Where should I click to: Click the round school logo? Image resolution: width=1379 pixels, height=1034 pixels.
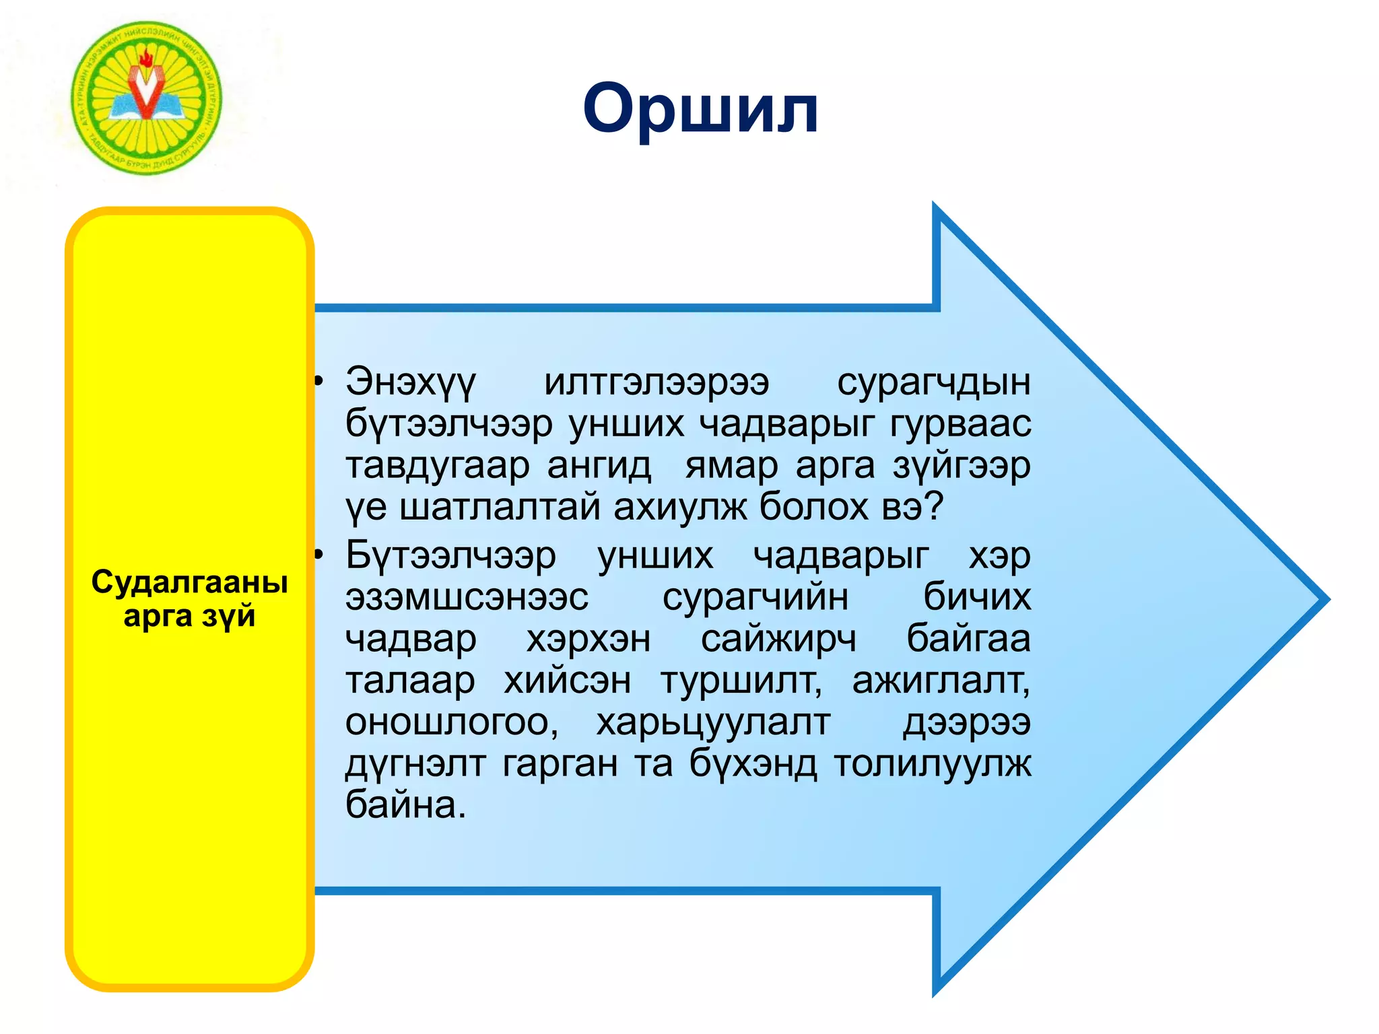click(147, 98)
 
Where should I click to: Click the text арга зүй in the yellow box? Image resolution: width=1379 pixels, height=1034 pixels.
click(189, 616)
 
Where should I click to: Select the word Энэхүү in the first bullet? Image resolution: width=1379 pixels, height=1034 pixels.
click(411, 382)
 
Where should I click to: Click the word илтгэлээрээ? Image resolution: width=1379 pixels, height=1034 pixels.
click(656, 382)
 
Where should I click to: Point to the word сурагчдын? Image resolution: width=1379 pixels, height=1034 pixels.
click(933, 382)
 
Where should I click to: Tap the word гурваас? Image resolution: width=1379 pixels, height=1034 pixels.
click(960, 424)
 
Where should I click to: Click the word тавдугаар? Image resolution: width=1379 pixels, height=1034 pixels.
click(438, 466)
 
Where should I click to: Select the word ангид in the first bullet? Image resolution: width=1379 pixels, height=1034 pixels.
click(599, 466)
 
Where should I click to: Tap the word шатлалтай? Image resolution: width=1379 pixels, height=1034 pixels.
click(499, 506)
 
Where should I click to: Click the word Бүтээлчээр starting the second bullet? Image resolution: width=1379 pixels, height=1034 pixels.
click(451, 556)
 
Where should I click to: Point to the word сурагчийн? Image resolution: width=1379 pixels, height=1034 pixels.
click(755, 598)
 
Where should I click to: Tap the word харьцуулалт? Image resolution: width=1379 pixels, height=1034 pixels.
click(713, 723)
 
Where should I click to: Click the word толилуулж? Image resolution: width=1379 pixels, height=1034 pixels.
click(933, 764)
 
